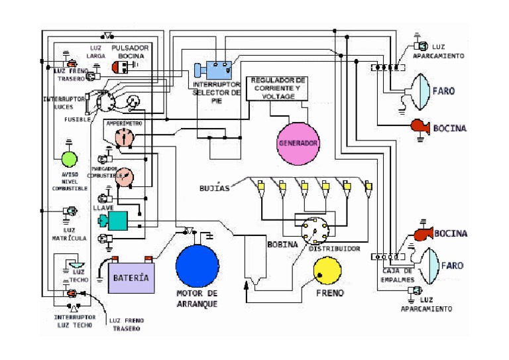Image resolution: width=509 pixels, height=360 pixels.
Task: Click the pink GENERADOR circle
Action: point(298,143)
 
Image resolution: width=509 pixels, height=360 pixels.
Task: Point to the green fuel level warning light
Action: point(70,159)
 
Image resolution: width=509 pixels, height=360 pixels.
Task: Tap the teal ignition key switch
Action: point(117,221)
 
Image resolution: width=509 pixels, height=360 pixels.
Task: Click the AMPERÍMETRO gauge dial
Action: point(124,138)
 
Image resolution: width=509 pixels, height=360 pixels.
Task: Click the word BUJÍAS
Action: point(215,188)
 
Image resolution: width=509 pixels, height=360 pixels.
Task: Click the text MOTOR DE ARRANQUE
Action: point(197,298)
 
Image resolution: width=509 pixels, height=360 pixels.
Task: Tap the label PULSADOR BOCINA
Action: point(131,52)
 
